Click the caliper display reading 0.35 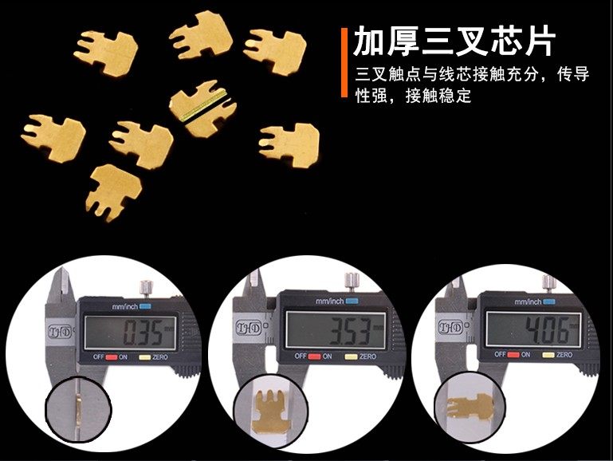pyautogui.click(x=130, y=333)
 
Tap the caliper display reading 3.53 pyautogui.click(x=336, y=329)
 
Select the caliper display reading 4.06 pyautogui.click(x=533, y=329)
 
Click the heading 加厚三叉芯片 pyautogui.click(x=454, y=41)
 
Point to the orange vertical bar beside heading pyautogui.click(x=344, y=62)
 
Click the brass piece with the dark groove pyautogui.click(x=203, y=108)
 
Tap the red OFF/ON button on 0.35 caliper pyautogui.click(x=112, y=357)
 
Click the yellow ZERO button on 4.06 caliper pyautogui.click(x=548, y=355)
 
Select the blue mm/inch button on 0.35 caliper pyautogui.click(x=145, y=306)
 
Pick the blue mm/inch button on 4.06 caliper pyautogui.click(x=549, y=301)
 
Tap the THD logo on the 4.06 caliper pyautogui.click(x=450, y=327)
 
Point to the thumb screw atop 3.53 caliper pyautogui.click(x=352, y=282)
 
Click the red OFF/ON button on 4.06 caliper pyautogui.click(x=513, y=355)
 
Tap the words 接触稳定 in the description pyautogui.click(x=438, y=96)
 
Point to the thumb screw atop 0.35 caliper pyautogui.click(x=146, y=289)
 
